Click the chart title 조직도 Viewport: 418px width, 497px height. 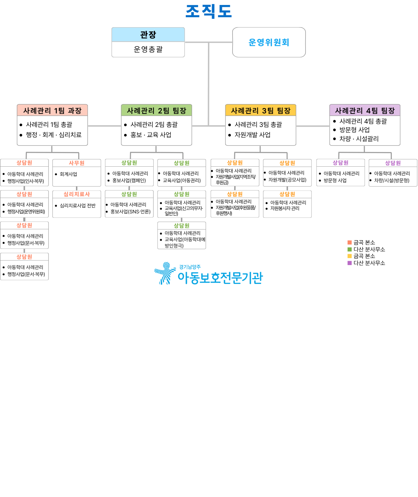click(209, 11)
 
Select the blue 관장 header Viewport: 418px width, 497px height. click(148, 34)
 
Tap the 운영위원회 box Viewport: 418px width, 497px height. click(269, 42)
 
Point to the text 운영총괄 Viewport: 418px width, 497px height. click(148, 49)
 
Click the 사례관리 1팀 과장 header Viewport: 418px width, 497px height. click(52, 110)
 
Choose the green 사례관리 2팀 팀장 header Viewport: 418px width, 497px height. click(156, 110)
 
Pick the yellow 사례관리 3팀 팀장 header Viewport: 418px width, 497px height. click(260, 110)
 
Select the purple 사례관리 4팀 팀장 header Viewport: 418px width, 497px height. click(365, 110)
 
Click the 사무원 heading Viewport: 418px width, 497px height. click(77, 163)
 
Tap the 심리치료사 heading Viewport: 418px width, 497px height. click(77, 194)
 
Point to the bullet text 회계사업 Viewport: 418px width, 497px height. click(68, 174)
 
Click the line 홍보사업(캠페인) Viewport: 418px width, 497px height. click(129, 181)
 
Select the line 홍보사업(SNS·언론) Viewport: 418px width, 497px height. click(130, 212)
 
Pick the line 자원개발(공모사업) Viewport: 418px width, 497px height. click(287, 180)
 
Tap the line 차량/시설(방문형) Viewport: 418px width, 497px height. click(392, 181)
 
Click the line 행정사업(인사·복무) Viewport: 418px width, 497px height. click(26, 181)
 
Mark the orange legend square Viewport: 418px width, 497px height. click(350, 242)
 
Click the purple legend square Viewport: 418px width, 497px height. click(350, 263)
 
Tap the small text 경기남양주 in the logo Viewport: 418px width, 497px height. click(190, 267)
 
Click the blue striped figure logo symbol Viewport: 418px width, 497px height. click(165, 273)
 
